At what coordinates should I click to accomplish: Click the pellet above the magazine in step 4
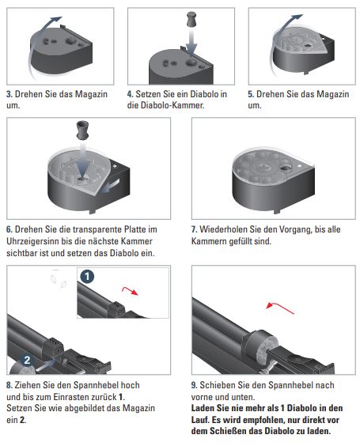point(191,19)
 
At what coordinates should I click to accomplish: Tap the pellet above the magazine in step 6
point(82,130)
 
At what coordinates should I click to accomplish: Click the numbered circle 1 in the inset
point(87,277)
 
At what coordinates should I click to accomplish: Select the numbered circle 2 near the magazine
point(27,360)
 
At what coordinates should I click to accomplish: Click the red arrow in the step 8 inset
point(130,291)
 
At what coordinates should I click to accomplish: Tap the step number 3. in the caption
point(9,94)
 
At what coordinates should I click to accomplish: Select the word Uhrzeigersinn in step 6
point(36,241)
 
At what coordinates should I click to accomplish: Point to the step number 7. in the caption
point(194,229)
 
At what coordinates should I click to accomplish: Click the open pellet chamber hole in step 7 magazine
point(285,168)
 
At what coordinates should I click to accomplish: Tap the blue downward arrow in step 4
point(192,43)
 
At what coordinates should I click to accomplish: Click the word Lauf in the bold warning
point(200,420)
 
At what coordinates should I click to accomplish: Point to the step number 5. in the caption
point(251,94)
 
